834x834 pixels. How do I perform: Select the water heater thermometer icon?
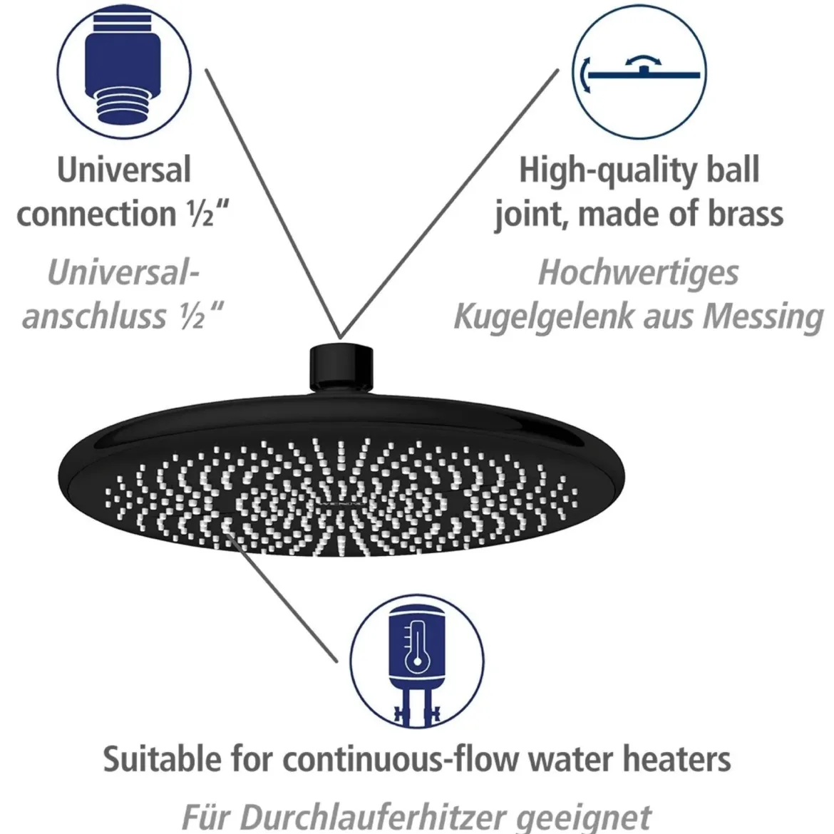[417, 661]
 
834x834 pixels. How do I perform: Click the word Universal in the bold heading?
[124, 170]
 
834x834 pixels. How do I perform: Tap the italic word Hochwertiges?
[639, 274]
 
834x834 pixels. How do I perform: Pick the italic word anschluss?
[95, 316]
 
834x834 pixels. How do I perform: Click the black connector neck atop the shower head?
[341, 368]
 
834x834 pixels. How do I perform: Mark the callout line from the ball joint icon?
[450, 203]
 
